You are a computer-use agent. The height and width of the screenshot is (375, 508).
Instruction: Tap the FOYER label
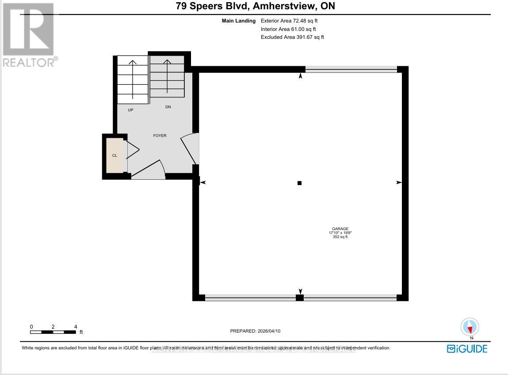(160, 136)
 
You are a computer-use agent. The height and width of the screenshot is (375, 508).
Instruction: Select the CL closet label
(115, 155)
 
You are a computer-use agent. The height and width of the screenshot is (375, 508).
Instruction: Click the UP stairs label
(130, 110)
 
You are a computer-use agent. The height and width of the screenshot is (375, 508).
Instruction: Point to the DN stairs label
(168, 107)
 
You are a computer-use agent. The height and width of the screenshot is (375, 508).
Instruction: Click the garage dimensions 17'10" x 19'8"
(340, 233)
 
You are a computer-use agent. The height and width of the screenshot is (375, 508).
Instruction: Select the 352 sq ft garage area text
(340, 237)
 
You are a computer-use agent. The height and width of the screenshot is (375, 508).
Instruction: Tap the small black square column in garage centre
(299, 183)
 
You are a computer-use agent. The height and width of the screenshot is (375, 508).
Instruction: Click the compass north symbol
(470, 327)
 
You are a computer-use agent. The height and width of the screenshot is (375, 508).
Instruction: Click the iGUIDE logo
(467, 348)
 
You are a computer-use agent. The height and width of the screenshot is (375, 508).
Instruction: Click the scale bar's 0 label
(31, 326)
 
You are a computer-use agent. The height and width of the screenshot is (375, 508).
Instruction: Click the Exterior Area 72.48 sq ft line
(289, 21)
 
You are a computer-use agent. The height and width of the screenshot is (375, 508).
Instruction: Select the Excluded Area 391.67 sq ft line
(292, 37)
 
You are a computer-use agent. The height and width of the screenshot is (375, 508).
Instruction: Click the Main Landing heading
(239, 21)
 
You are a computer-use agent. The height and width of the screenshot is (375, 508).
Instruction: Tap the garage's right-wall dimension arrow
(398, 182)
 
